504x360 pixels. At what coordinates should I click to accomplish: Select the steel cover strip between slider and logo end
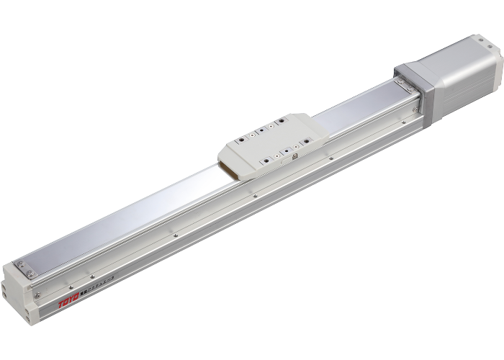pos(130,216)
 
